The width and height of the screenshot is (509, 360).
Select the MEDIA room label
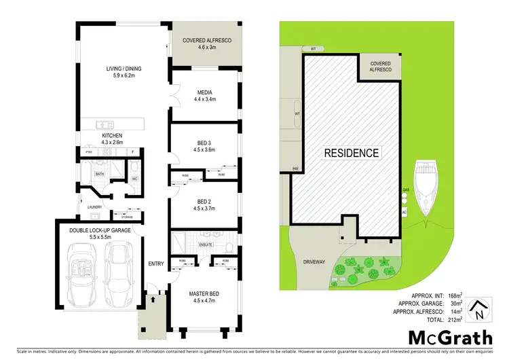(205, 90)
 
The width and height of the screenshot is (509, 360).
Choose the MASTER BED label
(205, 293)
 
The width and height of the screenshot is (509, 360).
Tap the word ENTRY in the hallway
(157, 264)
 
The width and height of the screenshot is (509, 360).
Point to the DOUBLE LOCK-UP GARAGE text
(100, 230)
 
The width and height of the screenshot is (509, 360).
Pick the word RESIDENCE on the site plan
(351, 152)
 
